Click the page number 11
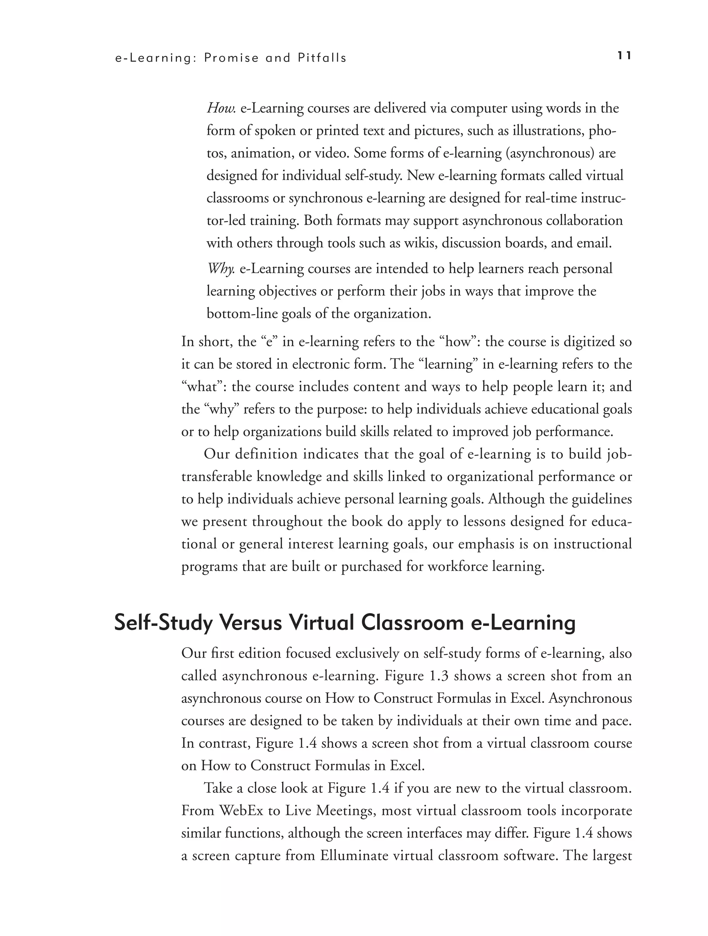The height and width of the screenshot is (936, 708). (x=624, y=56)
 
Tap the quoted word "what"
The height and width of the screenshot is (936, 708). (x=204, y=387)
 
